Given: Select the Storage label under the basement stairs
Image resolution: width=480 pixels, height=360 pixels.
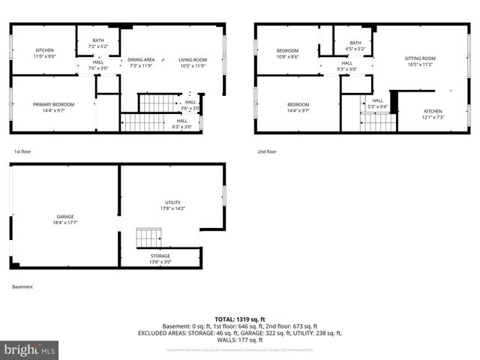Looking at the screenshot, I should (160, 259).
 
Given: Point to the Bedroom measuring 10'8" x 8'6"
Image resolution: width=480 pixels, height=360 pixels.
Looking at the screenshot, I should (287, 53).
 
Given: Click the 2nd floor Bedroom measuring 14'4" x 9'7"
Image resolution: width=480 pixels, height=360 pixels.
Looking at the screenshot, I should (298, 107).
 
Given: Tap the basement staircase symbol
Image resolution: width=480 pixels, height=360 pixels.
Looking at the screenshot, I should (148, 238).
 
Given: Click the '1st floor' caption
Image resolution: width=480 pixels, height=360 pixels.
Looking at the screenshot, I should (22, 151).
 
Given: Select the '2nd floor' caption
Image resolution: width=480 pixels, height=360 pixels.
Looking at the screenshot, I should (267, 151).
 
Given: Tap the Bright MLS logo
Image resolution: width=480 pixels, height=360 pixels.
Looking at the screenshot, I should (30, 349).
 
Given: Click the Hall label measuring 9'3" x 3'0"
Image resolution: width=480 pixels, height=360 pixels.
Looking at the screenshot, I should (346, 66).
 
